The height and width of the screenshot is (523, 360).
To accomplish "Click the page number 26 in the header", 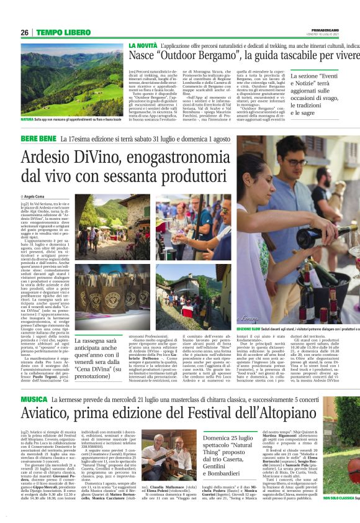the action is pyautogui.click(x=25, y=32).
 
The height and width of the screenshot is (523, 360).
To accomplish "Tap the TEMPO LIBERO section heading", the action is pyautogui.click(x=61, y=32).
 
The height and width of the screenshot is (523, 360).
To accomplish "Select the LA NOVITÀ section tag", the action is pyautogui.click(x=143, y=46).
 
